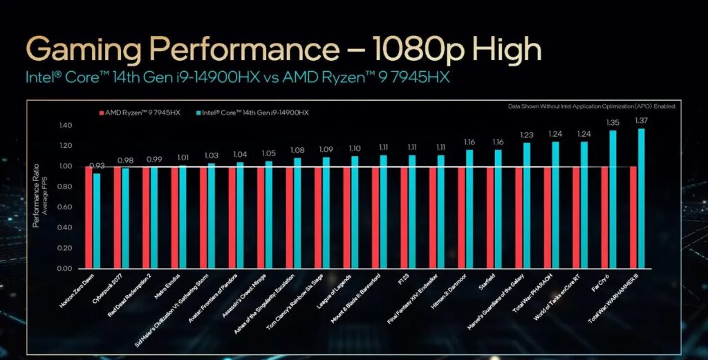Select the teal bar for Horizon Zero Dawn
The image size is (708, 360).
point(97,220)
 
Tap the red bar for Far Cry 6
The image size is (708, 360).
point(604,217)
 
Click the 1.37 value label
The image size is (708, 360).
point(641,120)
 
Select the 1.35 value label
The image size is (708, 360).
point(613,122)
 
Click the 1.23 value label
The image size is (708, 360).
point(527,135)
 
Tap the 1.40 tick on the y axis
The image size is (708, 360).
point(66,125)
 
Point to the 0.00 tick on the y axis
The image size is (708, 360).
point(66,269)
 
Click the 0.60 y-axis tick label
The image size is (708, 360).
point(66,207)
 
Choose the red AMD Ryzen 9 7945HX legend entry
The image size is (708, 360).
point(138,112)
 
